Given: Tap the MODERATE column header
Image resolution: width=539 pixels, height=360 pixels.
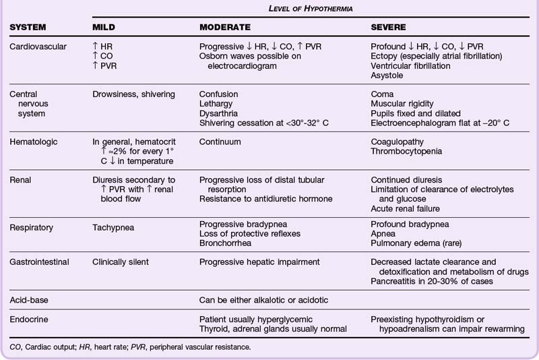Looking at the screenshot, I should [x=225, y=28].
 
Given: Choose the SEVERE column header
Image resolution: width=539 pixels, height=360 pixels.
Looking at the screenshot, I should [x=389, y=28].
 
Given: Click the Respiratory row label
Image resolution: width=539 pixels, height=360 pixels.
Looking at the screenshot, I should [x=35, y=228].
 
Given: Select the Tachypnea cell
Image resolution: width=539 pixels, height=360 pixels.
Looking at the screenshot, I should [x=113, y=228].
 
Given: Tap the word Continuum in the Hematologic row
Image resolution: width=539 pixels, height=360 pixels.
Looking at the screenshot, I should [x=220, y=142].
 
